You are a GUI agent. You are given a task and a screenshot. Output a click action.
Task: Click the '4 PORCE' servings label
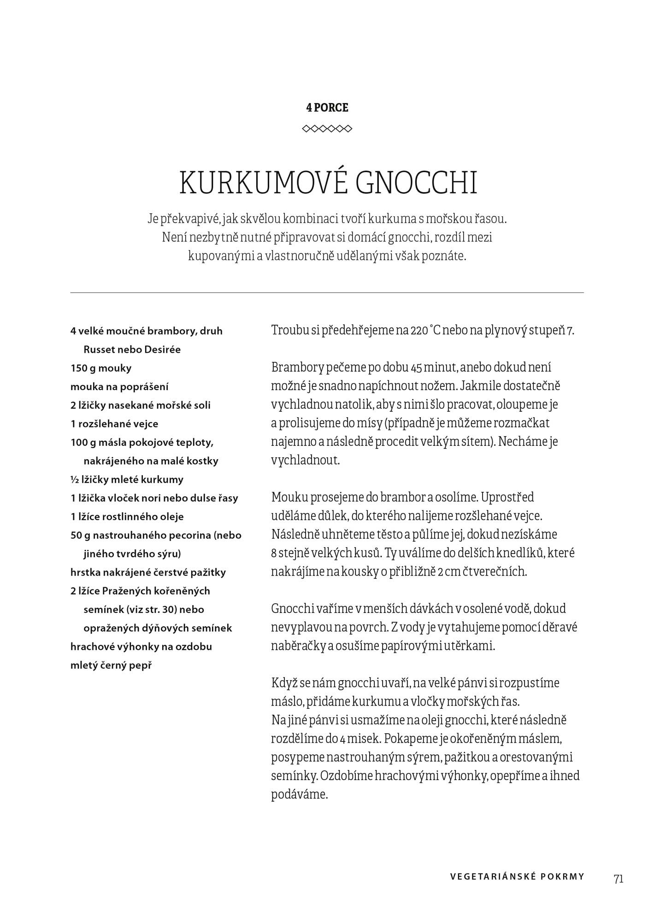[x=327, y=108]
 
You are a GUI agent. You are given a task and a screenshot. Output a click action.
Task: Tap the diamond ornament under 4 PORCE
[x=327, y=128]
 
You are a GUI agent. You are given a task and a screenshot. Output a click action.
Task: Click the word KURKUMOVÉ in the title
[x=262, y=183]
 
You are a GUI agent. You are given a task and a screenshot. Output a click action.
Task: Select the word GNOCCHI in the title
[x=417, y=183]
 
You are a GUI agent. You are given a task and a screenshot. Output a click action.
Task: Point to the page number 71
[x=619, y=879]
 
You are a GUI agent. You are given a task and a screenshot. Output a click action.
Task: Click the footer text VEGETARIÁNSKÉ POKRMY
[x=517, y=877]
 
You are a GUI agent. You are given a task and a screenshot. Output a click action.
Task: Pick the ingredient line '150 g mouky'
[x=101, y=368]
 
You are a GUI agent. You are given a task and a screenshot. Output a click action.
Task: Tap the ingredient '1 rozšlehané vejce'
[x=114, y=424]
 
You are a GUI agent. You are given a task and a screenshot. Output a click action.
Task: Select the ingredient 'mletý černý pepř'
[x=111, y=665]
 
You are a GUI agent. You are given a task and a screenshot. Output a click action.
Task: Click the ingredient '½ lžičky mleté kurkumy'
[x=127, y=479]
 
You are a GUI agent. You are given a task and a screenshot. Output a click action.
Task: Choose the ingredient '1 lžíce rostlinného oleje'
[x=127, y=517]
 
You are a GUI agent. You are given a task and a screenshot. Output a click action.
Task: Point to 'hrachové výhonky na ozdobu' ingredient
[x=141, y=647]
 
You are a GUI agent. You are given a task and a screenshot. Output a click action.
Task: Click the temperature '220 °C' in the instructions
[x=424, y=331]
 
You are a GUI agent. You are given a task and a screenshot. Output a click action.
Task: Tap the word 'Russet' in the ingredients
[x=99, y=350]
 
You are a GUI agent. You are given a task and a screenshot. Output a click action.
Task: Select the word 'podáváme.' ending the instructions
[x=299, y=794]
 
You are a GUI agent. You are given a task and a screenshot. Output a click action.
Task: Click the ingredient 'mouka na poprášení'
[x=119, y=387]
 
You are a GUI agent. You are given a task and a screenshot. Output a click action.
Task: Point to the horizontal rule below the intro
[x=327, y=292]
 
